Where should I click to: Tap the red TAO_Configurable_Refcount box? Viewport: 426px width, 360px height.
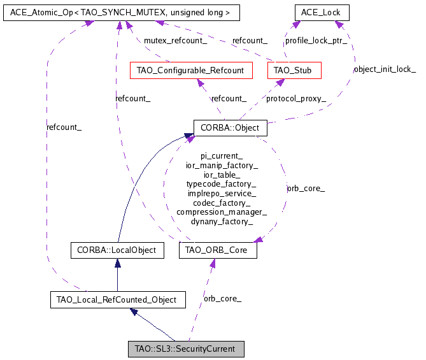click(190, 70)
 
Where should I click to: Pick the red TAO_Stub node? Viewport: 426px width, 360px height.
click(294, 70)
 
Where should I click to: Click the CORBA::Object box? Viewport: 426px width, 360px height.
click(230, 127)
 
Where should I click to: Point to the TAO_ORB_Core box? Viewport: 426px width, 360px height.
click(218, 250)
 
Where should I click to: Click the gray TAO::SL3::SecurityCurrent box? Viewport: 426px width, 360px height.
click(185, 349)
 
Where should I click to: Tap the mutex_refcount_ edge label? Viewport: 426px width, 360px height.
click(175, 40)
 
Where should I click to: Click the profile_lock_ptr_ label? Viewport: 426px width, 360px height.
click(316, 40)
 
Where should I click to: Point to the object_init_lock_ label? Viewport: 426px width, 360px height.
click(384, 69)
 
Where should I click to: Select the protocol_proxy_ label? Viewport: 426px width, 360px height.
click(296, 98)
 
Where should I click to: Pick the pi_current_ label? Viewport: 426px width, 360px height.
click(222, 155)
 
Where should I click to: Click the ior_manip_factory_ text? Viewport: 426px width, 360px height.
click(222, 165)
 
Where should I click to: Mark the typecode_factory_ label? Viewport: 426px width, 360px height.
click(222, 184)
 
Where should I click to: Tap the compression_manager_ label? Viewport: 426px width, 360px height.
click(222, 212)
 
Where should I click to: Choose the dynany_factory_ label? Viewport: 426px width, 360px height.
click(222, 221)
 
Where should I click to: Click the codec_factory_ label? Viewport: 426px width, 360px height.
click(222, 203)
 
